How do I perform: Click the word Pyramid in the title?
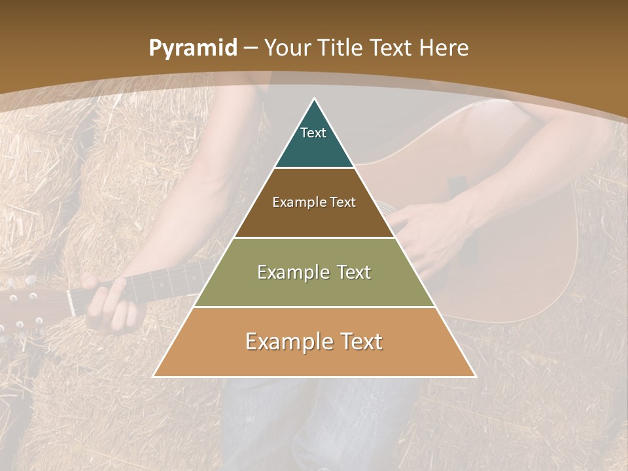pyautogui.click(x=193, y=48)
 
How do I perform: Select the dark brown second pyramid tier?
pyautogui.click(x=314, y=216)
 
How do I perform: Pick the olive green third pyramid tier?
pyautogui.click(x=314, y=288)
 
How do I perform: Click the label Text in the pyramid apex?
pyautogui.click(x=313, y=133)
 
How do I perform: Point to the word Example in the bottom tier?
pyautogui.click(x=286, y=341)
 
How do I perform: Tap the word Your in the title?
pyautogui.click(x=287, y=48)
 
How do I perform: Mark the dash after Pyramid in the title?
pyautogui.click(x=250, y=48)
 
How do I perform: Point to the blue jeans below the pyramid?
pyautogui.click(x=314, y=419)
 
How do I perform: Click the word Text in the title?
pyautogui.click(x=391, y=48)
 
